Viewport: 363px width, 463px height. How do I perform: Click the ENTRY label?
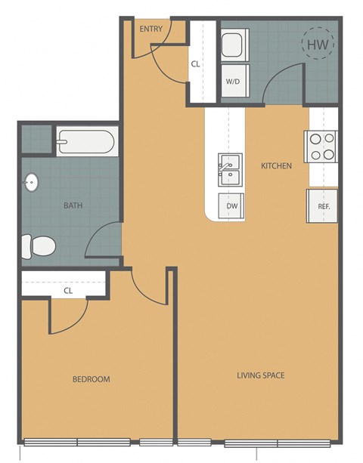151,29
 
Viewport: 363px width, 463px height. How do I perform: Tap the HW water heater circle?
316,45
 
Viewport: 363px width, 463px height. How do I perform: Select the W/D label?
234,82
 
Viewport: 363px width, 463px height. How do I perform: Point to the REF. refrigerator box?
321,205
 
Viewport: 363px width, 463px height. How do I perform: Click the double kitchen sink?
231,169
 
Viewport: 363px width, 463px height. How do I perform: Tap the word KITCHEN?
276,165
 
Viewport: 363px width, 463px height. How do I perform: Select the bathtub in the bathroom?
85,140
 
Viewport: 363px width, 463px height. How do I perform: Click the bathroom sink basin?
31,182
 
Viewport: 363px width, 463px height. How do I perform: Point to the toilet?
38,245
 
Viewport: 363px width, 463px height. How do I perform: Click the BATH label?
73,205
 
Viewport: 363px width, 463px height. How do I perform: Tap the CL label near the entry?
195,64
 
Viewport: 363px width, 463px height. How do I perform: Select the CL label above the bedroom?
67,289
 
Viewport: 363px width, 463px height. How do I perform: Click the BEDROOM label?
91,379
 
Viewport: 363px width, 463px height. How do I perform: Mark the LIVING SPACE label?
260,375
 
